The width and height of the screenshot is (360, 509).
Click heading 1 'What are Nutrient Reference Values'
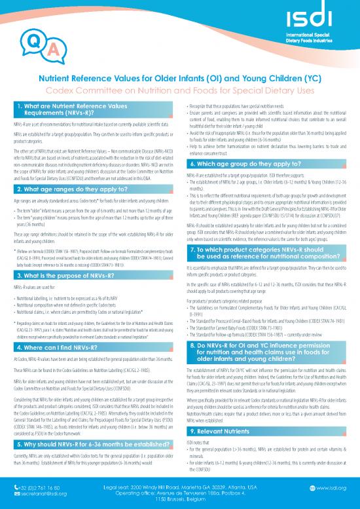pyautogui.click(x=73, y=110)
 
